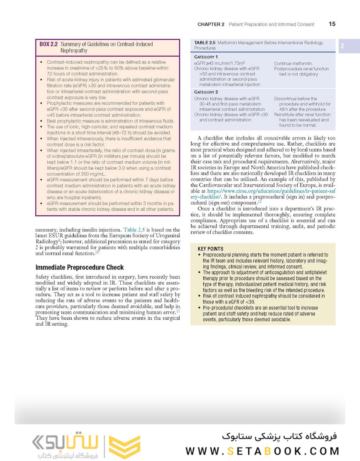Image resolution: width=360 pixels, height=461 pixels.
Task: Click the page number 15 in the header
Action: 332,24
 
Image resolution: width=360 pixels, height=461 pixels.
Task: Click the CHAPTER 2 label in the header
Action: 211,25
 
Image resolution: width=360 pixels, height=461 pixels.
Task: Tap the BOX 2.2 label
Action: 49,44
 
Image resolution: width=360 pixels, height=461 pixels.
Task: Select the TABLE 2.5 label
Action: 204,43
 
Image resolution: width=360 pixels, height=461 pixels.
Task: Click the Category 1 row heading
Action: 206,57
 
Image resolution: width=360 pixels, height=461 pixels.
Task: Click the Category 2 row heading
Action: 206,92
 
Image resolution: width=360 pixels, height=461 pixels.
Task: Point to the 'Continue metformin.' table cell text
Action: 293,64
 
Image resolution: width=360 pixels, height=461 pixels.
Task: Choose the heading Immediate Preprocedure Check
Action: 79,268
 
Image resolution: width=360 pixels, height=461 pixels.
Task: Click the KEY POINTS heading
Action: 210,249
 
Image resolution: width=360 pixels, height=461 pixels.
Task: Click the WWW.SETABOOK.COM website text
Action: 262,451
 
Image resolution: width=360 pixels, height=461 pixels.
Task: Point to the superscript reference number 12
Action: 259,201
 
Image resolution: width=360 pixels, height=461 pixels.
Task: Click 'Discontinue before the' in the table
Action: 295,99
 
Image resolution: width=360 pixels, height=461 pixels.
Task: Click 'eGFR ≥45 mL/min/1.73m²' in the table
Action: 218,64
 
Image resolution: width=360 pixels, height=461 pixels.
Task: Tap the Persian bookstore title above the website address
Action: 279,437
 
